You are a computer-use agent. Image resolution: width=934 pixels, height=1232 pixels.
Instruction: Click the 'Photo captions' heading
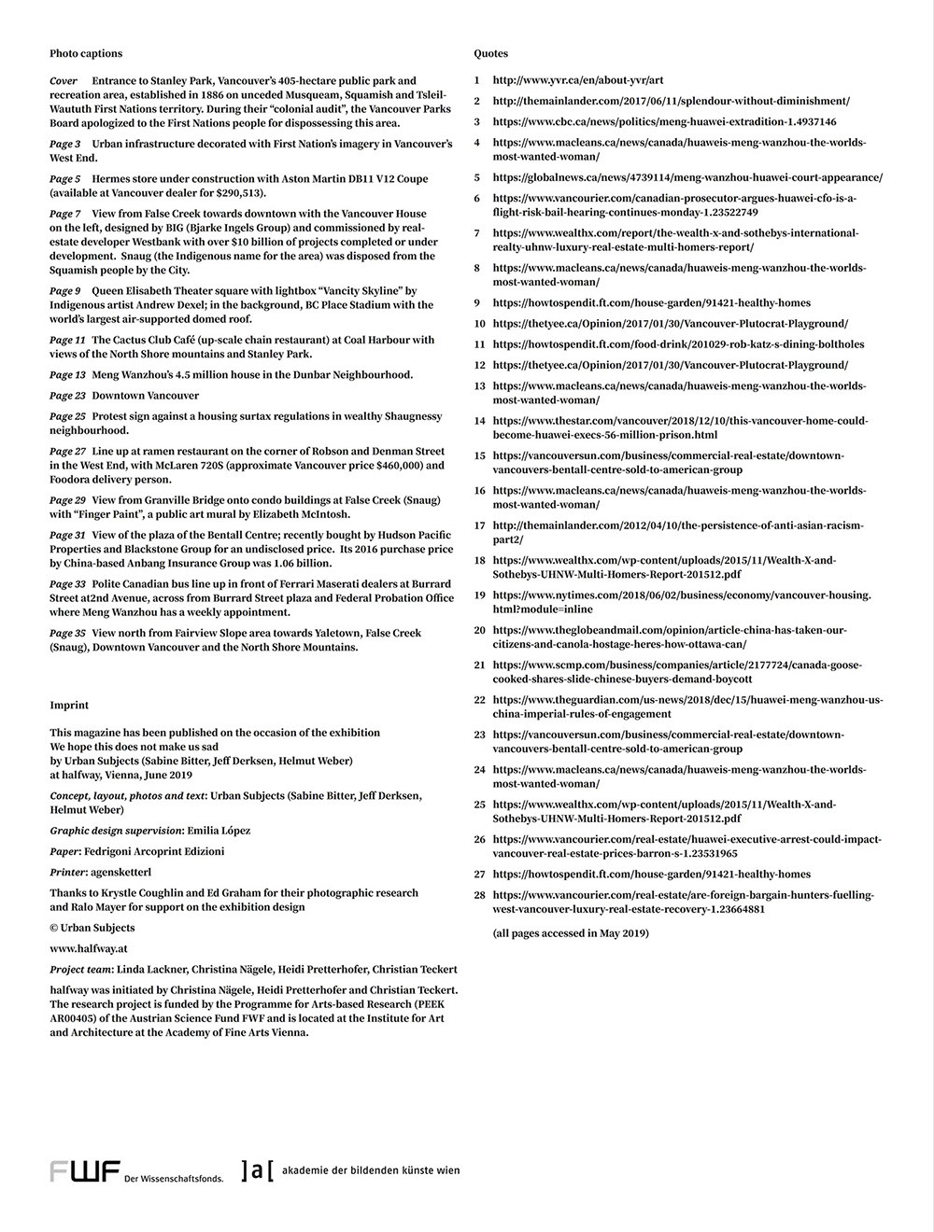86,53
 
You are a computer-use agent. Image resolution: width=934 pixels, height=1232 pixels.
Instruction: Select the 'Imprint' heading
69,705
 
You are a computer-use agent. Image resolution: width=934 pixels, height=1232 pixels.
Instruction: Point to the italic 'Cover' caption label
64,81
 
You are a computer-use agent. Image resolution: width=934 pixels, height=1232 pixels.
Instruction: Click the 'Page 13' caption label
67,374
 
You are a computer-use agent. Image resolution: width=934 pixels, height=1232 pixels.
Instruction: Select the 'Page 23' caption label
67,396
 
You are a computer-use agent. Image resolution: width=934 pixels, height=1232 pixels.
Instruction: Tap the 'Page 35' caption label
67,633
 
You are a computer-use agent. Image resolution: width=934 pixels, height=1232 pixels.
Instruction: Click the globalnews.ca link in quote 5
686,177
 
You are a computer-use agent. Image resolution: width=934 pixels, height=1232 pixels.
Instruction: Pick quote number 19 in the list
479,595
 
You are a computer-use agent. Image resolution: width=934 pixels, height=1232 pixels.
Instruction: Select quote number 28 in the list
479,894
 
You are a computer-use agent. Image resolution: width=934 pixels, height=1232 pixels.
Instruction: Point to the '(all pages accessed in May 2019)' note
570,932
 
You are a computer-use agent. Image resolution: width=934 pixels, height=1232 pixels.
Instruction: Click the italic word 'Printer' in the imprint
68,872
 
